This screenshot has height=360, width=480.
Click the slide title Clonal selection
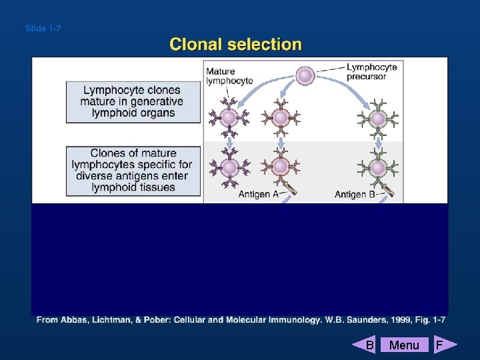coord(235,45)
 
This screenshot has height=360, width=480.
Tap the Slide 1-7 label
coord(43,29)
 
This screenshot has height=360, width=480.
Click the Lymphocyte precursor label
coord(371,71)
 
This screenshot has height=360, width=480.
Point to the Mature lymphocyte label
coord(229,76)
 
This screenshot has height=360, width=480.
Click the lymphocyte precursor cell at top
coord(305,75)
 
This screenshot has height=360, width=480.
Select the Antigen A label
coord(259,195)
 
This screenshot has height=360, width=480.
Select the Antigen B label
coord(354,195)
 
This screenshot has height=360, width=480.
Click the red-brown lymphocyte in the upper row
coord(281,118)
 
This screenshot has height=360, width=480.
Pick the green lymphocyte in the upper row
coord(378,119)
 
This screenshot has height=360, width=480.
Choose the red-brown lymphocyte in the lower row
coord(281,166)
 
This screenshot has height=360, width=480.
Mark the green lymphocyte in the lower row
coord(378,166)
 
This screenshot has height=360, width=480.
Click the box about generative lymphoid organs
coord(133,101)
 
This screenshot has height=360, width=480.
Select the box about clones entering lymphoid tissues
coord(133,171)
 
